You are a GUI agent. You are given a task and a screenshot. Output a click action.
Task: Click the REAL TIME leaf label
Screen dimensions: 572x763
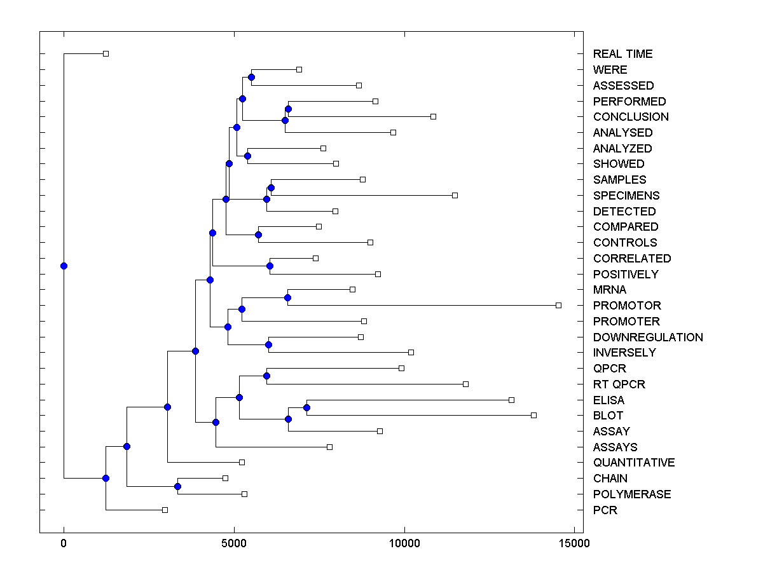coord(622,54)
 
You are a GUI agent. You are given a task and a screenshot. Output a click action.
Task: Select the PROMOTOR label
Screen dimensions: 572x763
coord(627,306)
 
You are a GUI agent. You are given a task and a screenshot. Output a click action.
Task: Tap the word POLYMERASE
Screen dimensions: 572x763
coord(631,494)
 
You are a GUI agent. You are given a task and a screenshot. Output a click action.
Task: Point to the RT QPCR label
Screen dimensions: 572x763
coord(619,385)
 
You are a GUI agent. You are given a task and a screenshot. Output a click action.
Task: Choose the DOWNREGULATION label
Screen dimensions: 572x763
coord(648,337)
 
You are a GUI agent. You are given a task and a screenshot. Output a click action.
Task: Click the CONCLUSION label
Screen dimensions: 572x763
coord(631,117)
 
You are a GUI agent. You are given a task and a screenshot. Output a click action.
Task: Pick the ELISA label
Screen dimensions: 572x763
coord(608,400)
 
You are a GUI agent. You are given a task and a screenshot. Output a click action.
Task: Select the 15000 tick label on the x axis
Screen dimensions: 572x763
coord(574,543)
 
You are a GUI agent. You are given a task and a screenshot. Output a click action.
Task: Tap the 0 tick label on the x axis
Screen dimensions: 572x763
coord(64,543)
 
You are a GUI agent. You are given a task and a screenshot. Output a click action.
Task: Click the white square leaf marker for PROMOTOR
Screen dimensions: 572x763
coord(558,306)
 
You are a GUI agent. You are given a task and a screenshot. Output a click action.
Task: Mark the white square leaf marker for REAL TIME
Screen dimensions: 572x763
coord(106,54)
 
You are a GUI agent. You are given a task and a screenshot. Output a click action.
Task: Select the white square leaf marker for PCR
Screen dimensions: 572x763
coord(165,510)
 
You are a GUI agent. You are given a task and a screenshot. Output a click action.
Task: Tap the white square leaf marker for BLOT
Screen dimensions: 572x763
coord(533,415)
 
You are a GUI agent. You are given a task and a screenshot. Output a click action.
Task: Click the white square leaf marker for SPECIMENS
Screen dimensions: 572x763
coord(455,195)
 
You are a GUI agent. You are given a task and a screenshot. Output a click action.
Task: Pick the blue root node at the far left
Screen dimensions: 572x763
coord(64,266)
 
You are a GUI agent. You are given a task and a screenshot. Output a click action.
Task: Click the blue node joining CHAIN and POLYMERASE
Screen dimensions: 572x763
coord(177,486)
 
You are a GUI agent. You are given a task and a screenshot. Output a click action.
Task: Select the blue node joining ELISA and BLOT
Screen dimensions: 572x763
coord(306,407)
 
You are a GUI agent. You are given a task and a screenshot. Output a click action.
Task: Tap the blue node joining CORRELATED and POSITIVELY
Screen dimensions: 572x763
coord(270,266)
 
